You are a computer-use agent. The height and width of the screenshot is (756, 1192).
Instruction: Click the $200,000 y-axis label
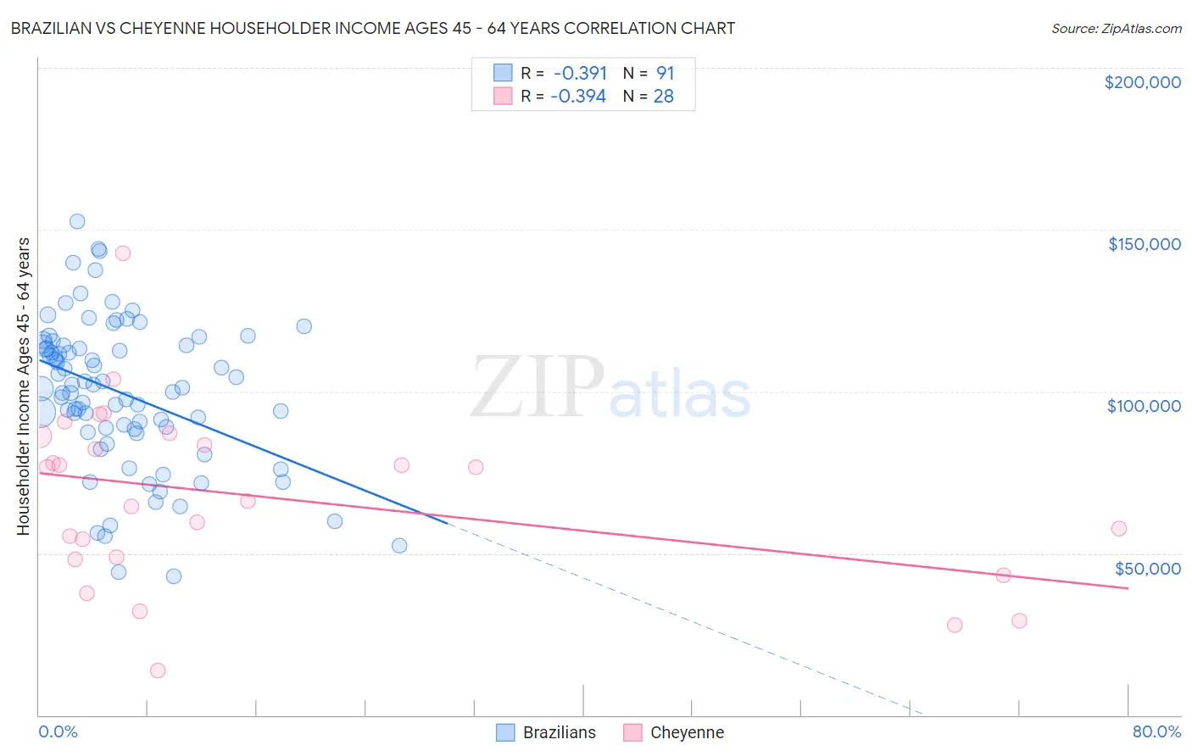tap(1142, 82)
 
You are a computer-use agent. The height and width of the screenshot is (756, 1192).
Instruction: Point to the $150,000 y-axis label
tap(1144, 244)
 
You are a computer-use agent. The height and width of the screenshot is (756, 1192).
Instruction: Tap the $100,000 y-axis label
tap(1144, 406)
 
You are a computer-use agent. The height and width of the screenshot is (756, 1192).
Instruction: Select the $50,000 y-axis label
tap(1147, 569)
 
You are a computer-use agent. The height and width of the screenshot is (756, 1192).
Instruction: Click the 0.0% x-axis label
tap(58, 731)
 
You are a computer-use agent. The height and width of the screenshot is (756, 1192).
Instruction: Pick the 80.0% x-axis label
tap(1156, 731)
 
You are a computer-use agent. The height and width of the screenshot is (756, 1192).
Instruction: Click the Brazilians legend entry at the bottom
tap(559, 732)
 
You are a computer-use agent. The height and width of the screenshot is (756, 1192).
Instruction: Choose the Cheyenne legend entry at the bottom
tap(687, 732)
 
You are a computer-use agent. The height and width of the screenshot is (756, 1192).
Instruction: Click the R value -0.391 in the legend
tap(580, 73)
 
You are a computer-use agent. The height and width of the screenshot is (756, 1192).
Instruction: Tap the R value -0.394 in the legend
tap(578, 97)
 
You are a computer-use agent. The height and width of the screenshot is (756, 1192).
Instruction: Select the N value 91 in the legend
tap(665, 73)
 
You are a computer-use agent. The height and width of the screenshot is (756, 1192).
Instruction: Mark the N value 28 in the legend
tap(663, 97)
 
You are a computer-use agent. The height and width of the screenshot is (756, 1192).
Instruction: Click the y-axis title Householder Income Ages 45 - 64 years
tap(23, 386)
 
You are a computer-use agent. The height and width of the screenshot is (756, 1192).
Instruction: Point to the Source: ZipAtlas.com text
tap(1116, 28)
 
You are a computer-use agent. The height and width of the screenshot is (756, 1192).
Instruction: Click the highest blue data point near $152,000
tap(77, 221)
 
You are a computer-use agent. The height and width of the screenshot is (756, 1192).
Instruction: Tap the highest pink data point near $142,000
tap(123, 253)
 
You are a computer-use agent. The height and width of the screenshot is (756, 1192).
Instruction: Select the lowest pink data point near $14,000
tap(158, 670)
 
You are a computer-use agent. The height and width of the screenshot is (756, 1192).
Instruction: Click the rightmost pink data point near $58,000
tap(1118, 529)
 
